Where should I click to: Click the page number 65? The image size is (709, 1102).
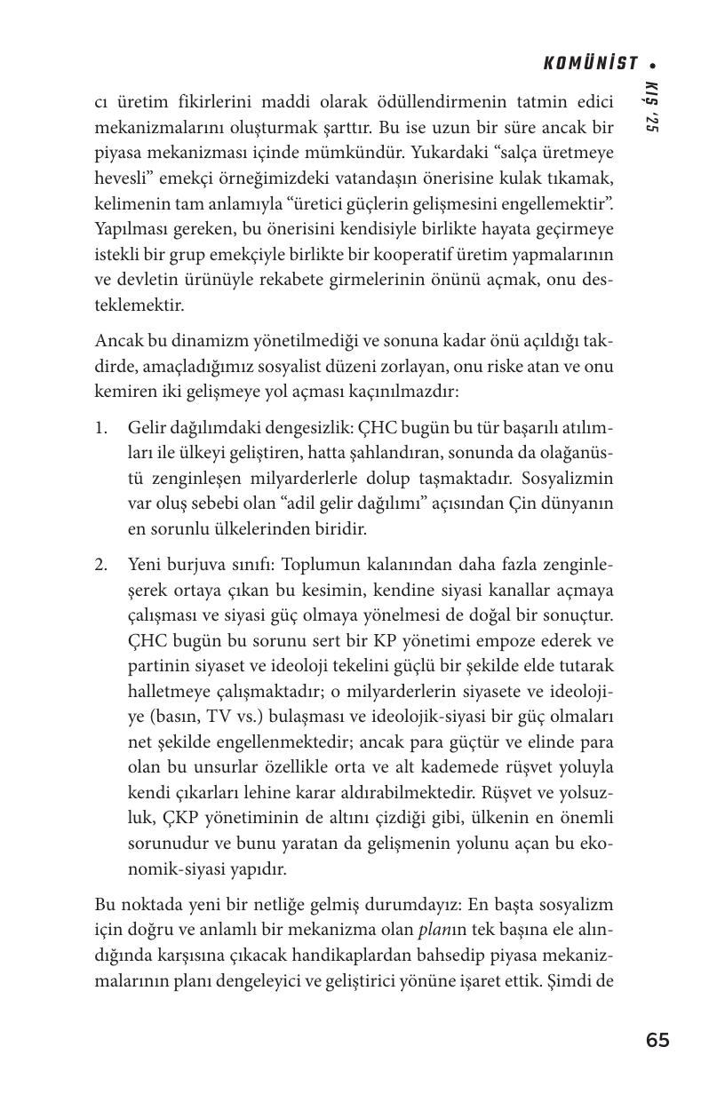(x=657, y=1041)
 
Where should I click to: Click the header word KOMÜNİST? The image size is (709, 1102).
(x=591, y=63)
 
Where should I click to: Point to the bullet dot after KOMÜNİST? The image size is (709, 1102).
(x=653, y=64)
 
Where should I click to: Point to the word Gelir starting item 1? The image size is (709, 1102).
(x=147, y=428)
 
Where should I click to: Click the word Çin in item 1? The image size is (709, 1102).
(x=518, y=503)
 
